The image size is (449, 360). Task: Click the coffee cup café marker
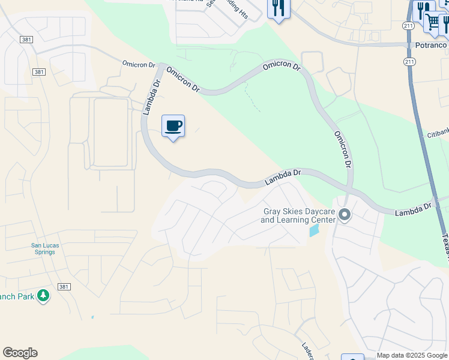(173, 126)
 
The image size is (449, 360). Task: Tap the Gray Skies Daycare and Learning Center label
(298, 215)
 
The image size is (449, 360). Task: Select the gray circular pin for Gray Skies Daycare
(345, 214)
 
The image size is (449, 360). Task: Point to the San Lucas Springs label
(43, 248)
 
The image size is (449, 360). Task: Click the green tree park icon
(43, 296)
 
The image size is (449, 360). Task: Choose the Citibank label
(438, 134)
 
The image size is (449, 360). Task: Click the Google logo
(20, 353)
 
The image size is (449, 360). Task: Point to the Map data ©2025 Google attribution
(412, 355)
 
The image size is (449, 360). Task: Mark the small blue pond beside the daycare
(314, 230)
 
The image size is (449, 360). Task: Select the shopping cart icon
(433, 22)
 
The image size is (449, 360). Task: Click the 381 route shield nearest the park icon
(64, 287)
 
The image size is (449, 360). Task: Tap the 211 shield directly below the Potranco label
(409, 61)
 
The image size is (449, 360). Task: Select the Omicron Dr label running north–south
(342, 149)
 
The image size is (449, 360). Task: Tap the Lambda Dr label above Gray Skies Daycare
(283, 177)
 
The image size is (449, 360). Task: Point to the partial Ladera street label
(307, 349)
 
